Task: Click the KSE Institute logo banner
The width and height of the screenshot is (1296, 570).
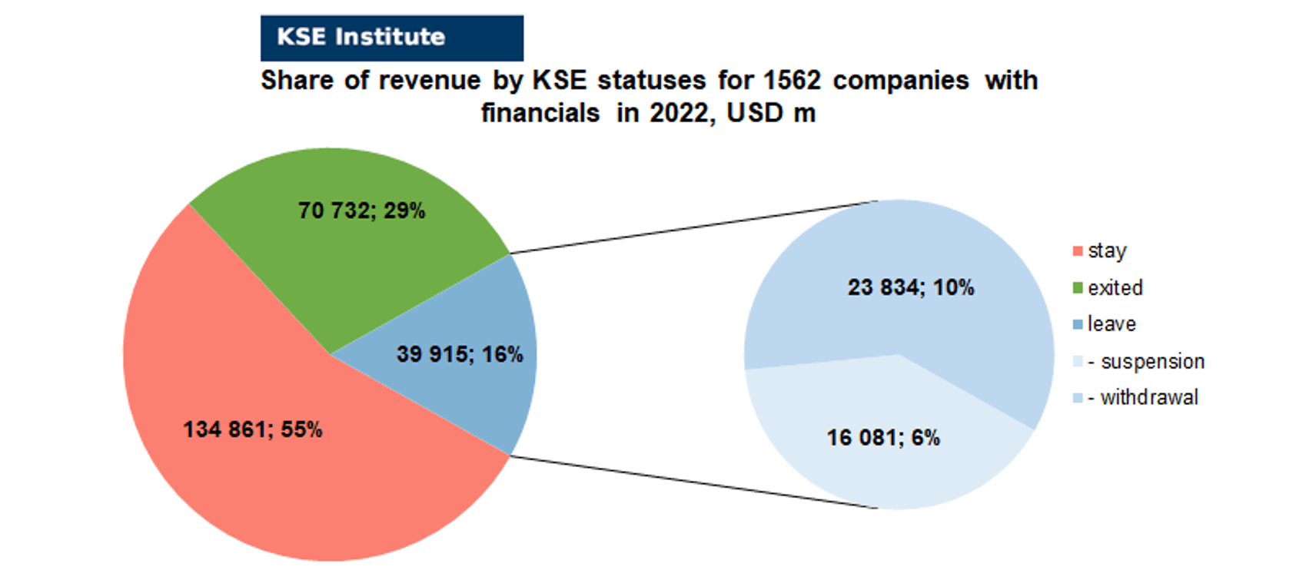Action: pos(392,38)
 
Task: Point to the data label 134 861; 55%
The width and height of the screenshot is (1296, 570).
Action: pos(253,429)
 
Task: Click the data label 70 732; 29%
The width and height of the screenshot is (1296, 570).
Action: pos(361,210)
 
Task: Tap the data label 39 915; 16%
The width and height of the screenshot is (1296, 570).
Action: pos(460,354)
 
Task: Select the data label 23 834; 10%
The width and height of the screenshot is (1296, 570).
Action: pos(911,287)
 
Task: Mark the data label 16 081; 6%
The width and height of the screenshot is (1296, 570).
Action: pos(883,438)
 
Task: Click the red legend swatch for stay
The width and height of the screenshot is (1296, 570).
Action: pos(1077,251)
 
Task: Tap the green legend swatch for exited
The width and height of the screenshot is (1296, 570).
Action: pos(1077,288)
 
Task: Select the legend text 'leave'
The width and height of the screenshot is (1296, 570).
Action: pos(1112,323)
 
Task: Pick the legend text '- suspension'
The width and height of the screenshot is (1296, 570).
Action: pos(1146,361)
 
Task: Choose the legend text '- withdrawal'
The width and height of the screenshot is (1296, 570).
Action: pos(1143,397)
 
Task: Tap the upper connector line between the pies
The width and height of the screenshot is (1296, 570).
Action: pos(694,227)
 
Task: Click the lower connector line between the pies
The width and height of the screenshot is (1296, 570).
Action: pos(694,482)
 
